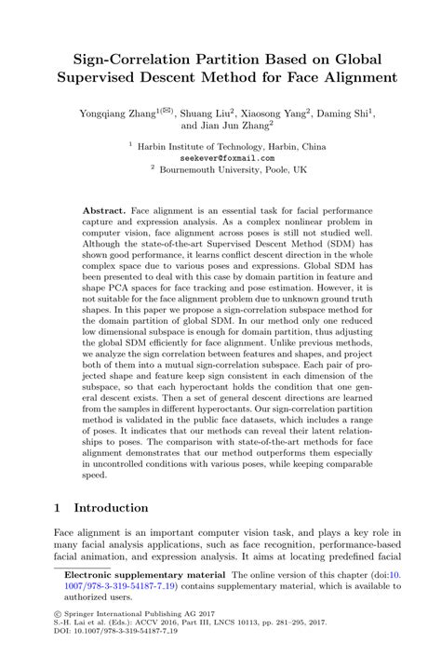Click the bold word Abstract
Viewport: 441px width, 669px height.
coord(105,212)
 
